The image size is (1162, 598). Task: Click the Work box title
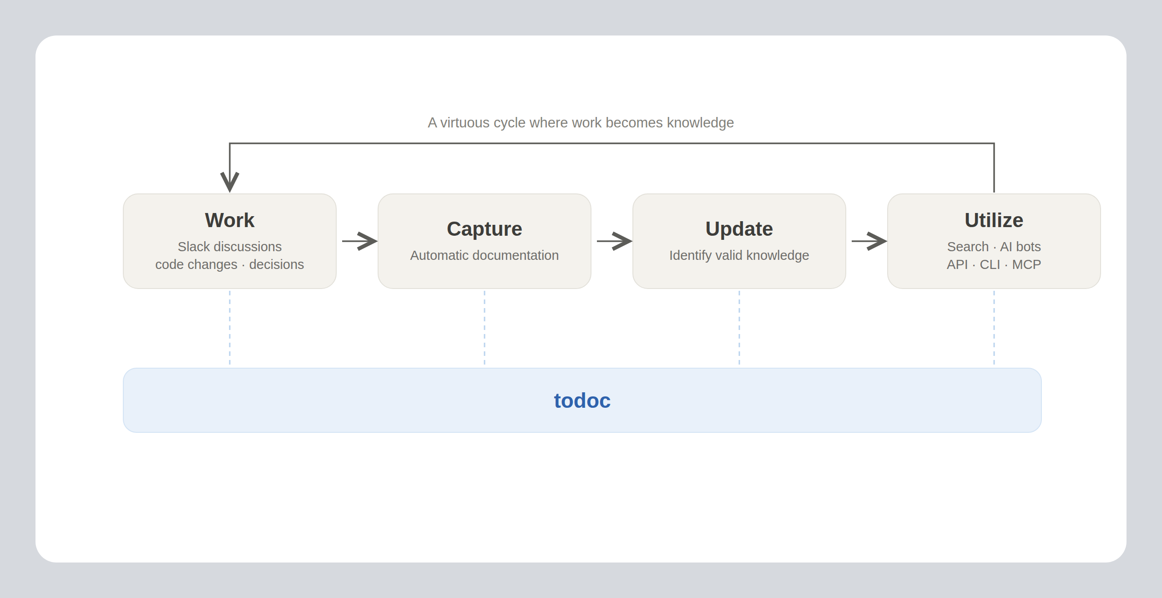(230, 220)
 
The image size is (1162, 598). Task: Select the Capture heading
(484, 229)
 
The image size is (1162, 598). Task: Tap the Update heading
(739, 229)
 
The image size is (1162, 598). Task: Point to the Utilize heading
(994, 220)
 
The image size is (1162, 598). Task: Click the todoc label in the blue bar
(582, 400)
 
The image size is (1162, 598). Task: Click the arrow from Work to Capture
(359, 241)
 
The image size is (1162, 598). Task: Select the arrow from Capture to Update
(614, 241)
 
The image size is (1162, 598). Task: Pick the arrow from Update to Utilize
(869, 241)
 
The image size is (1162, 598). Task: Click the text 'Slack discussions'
(230, 247)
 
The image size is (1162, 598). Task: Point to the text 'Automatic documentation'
(484, 255)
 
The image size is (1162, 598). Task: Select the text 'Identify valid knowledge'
(739, 255)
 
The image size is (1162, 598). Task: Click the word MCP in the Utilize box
(1026, 264)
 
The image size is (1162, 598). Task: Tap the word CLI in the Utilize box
(990, 264)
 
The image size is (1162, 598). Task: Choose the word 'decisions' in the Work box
(276, 264)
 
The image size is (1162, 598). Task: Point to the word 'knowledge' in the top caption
(700, 123)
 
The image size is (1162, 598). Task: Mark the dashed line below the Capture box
(485, 328)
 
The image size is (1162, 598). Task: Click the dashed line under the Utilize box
(994, 328)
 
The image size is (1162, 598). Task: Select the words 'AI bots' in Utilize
(1020, 247)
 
